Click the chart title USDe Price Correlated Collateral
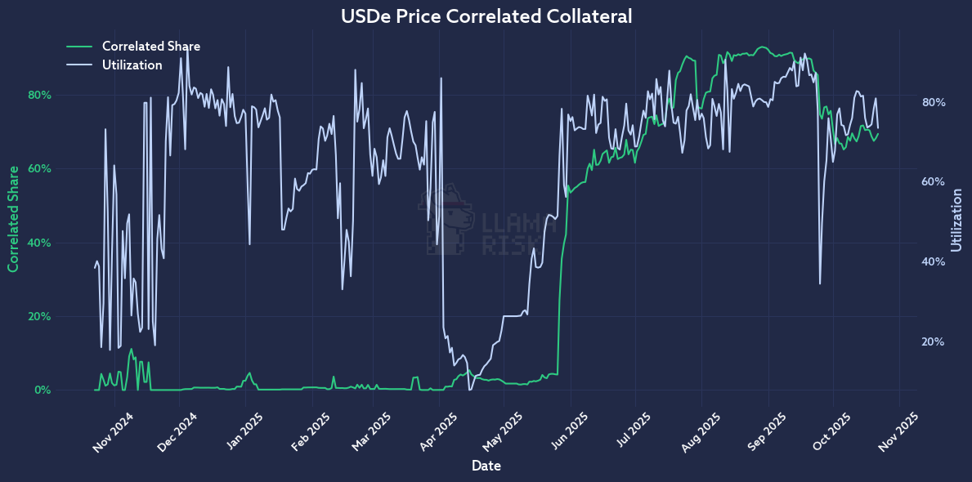(486, 16)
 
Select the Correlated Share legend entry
(150, 47)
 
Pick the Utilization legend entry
(132, 65)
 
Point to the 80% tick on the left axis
(40, 95)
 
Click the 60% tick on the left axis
(40, 169)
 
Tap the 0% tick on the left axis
(43, 391)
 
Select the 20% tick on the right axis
(933, 342)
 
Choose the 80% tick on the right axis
(933, 103)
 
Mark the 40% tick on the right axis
(933, 262)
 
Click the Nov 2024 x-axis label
(112, 431)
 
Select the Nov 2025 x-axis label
(897, 431)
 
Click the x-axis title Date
(486, 466)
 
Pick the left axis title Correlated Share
(13, 218)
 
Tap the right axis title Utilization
(957, 220)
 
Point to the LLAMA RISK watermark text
(508, 234)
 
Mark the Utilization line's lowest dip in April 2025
(470, 390)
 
